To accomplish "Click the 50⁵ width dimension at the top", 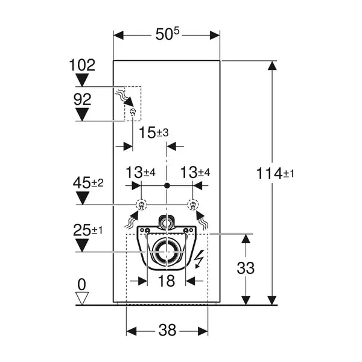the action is point(167,34).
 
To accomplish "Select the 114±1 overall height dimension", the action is point(275,173).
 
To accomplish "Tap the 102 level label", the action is point(82,65).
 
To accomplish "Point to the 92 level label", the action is point(83,100).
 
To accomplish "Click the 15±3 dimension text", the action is point(153,133).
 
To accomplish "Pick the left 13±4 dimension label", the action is point(141,172).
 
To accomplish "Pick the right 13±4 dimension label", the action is point(195,172).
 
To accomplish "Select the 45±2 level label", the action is point(88,183).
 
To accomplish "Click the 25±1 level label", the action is point(87,230).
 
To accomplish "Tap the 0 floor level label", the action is point(82,284).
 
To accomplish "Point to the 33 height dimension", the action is point(246,268).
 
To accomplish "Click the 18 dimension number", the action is point(167,281).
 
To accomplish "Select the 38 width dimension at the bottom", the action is point(167,330).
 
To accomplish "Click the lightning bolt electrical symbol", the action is point(198,259).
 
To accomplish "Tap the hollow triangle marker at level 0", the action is point(82,299).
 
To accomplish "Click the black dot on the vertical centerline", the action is point(167,185).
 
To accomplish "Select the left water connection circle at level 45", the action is point(141,205).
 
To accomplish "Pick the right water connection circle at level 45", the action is point(192,205).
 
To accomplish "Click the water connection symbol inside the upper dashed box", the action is point(133,112).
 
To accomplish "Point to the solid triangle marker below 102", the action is point(82,80).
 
